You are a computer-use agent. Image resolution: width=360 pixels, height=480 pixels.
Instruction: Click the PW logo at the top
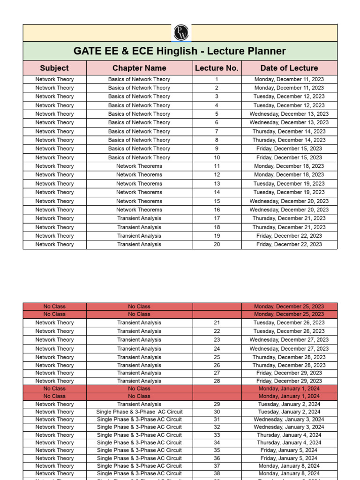click(180, 32)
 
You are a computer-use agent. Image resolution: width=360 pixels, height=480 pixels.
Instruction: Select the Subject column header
click(54, 68)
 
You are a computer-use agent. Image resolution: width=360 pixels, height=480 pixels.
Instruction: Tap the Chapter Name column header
click(139, 68)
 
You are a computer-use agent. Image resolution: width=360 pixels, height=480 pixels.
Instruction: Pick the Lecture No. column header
click(217, 68)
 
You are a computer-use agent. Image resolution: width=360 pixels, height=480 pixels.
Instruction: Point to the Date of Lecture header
click(289, 68)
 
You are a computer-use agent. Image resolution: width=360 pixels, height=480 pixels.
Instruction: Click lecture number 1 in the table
click(217, 79)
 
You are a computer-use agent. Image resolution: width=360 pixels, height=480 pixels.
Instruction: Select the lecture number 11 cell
click(217, 166)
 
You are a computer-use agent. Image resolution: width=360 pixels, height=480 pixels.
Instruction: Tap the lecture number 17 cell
click(217, 218)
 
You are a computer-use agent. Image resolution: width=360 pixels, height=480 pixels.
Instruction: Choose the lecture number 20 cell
click(217, 244)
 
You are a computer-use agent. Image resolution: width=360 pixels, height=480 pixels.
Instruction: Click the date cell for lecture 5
click(289, 114)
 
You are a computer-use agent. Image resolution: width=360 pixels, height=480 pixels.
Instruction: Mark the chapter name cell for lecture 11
click(139, 166)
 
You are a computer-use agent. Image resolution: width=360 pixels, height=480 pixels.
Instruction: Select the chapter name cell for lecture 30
click(139, 412)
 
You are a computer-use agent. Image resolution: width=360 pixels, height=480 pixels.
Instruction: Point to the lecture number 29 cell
click(217, 404)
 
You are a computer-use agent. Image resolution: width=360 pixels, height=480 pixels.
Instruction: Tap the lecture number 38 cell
click(217, 473)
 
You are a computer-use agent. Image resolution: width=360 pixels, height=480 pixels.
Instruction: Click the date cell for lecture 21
click(289, 322)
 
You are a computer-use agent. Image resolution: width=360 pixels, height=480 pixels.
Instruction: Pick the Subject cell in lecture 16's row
click(54, 210)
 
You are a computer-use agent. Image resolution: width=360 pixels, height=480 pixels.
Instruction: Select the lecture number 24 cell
click(217, 349)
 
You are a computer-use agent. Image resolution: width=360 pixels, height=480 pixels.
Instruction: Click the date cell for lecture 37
click(289, 466)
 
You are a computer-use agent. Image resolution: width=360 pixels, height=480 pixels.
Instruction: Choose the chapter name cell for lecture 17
click(139, 218)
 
